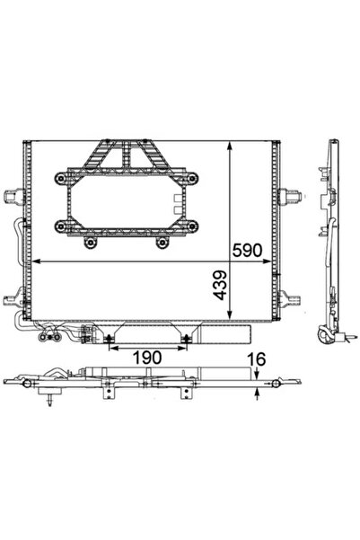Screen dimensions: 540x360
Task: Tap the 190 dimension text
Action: pyautogui.click(x=148, y=356)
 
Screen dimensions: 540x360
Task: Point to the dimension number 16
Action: pyautogui.click(x=258, y=359)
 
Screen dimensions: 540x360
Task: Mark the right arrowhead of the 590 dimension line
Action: pyautogui.click(x=269, y=261)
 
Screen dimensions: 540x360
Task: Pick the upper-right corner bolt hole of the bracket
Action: pyautogui.click(x=191, y=179)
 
